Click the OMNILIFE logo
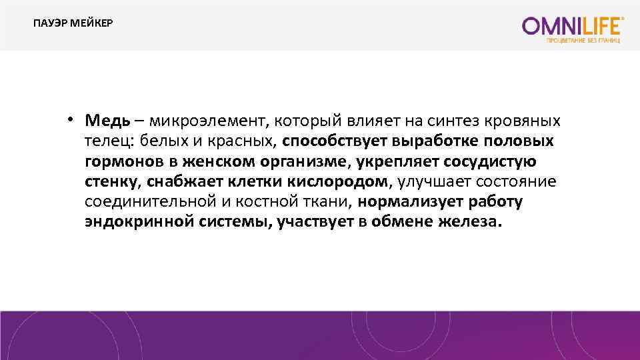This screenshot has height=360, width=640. point(573,27)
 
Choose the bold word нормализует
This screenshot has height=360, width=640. point(408,201)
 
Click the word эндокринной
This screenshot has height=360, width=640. point(139,221)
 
